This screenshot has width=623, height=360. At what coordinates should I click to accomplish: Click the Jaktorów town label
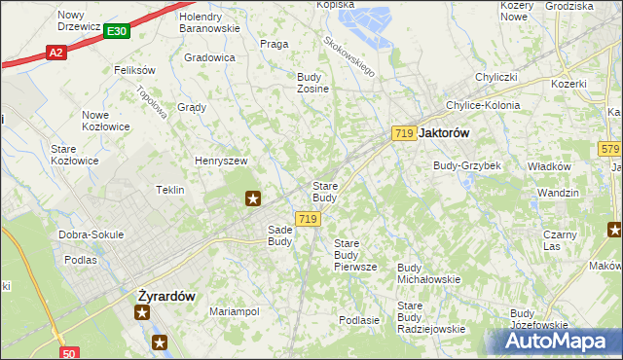pos(444,133)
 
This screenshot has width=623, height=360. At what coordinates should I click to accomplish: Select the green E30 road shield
pos(116,32)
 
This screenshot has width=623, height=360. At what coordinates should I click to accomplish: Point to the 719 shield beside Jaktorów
pos(405,132)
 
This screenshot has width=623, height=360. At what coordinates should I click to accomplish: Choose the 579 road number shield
pos(610,149)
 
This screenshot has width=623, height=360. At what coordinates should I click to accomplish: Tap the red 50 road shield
pos(68,353)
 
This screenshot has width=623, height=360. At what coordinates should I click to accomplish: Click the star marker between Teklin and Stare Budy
pos(253,199)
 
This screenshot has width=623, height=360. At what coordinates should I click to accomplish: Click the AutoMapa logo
pos(558,342)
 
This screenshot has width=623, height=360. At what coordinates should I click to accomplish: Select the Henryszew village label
pos(222,161)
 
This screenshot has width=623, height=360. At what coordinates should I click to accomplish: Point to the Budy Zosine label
pos(313,82)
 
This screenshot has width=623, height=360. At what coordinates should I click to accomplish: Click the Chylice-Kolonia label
pos(482,105)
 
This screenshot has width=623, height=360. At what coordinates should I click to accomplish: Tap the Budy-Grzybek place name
pos(467,165)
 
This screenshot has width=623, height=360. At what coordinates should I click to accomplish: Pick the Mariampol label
pos(234,311)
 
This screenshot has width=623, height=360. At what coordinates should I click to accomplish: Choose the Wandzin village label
pos(558,193)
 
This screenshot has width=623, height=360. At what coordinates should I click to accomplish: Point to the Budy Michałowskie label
pos(429,272)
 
